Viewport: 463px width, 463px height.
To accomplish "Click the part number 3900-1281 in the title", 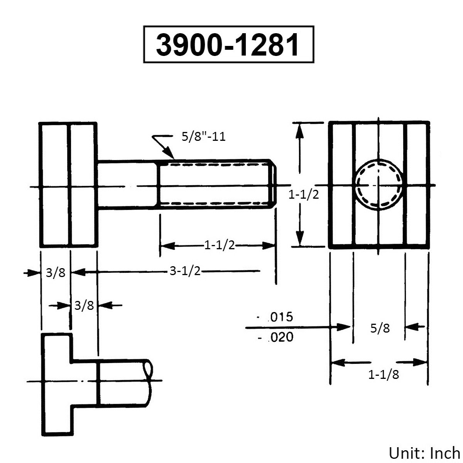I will [x=228, y=45].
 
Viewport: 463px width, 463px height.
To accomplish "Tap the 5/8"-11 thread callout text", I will [x=203, y=137].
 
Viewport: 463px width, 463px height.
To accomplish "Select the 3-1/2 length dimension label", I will [x=186, y=272].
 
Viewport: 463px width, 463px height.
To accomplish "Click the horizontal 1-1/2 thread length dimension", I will [x=220, y=245].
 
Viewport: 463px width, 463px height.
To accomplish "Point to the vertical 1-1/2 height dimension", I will [x=304, y=195].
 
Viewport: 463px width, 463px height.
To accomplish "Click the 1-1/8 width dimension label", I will [x=384, y=374].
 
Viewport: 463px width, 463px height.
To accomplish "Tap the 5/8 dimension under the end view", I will [x=380, y=328].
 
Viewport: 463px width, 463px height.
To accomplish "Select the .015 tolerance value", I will [x=280, y=317].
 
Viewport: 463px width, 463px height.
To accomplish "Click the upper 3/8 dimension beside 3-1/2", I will [x=56, y=273].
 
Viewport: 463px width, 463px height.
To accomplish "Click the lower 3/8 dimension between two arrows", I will [x=84, y=306].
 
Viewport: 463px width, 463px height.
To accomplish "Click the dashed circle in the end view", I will [x=379, y=184].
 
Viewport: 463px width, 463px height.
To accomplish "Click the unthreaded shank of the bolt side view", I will [x=127, y=184].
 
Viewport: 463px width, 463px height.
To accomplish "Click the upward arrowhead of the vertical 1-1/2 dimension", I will [x=301, y=131].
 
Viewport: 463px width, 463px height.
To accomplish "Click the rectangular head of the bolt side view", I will [x=68, y=184].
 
